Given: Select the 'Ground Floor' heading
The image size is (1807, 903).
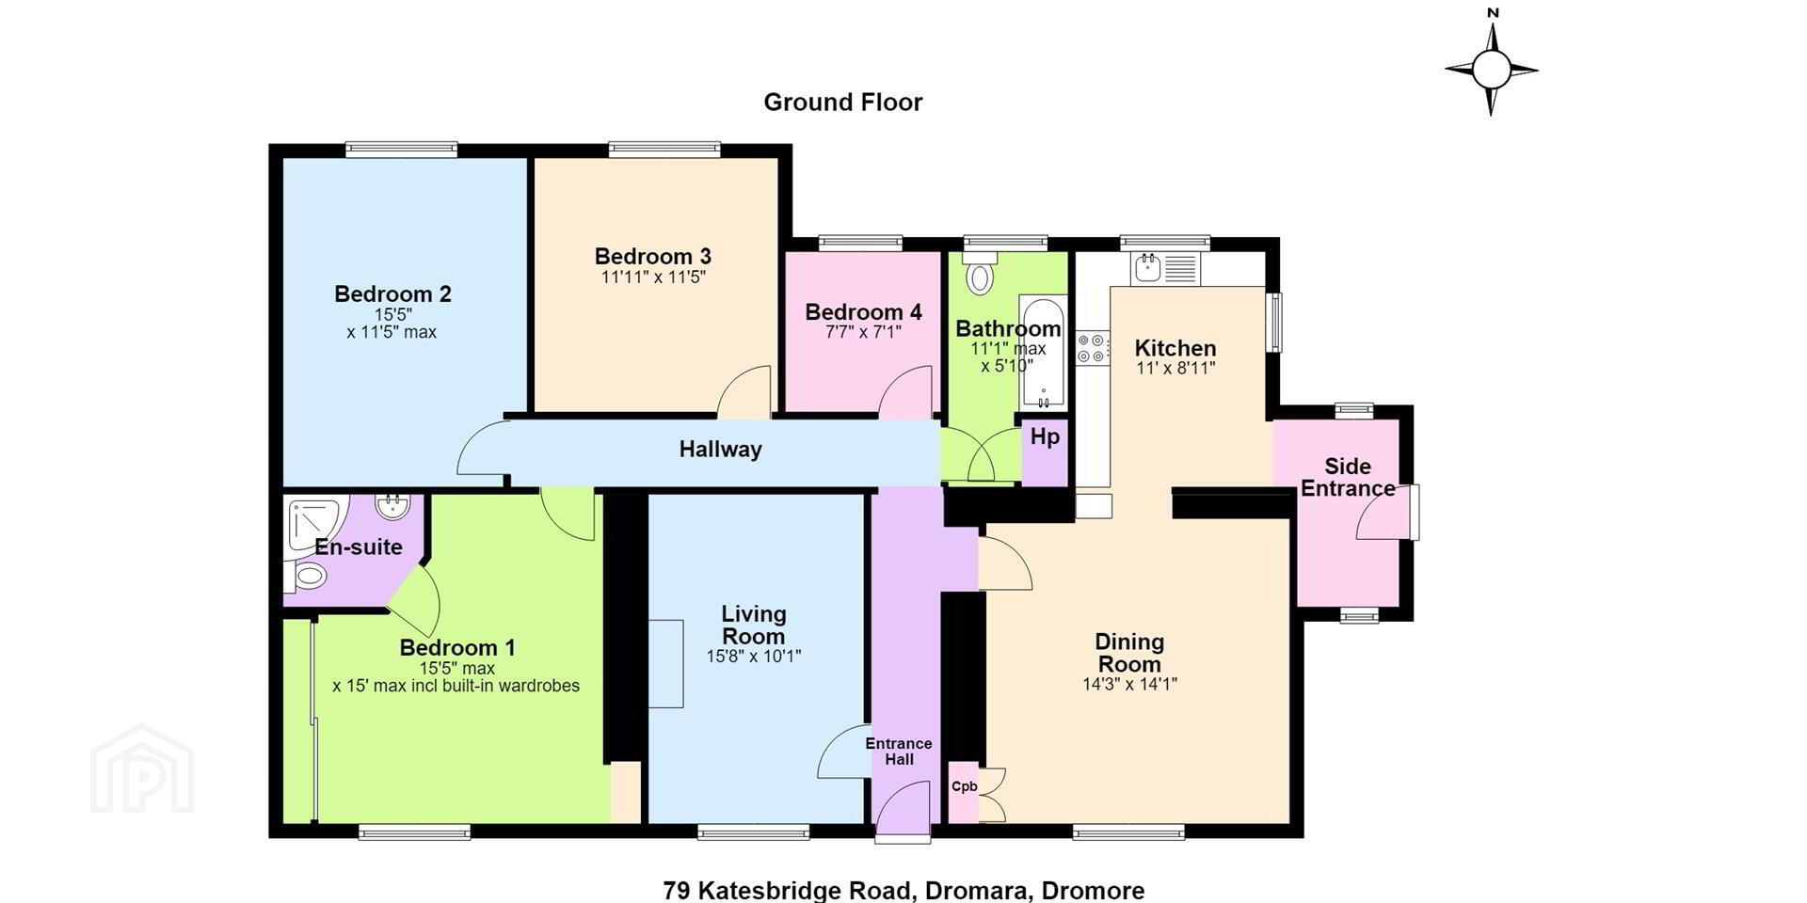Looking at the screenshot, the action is (x=843, y=103).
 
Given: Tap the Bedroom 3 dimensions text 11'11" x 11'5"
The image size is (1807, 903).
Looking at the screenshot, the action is (x=653, y=277).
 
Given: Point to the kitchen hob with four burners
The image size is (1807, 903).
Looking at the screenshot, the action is (x=1093, y=347).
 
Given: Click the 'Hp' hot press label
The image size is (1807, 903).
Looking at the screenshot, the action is (x=1045, y=436).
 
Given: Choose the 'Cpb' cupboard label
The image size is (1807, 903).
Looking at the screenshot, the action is (x=964, y=786).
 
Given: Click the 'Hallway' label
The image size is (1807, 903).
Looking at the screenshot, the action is (x=720, y=450).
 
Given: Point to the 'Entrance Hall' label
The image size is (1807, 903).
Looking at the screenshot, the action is (x=899, y=751).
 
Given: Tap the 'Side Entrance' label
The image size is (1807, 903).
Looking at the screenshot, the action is (x=1348, y=477).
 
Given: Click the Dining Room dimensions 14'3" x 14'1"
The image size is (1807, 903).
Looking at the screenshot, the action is (x=1129, y=684).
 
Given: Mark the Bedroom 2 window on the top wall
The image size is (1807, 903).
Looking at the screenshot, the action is (x=401, y=149).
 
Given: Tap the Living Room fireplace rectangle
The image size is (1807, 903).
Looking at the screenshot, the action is (x=666, y=663).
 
